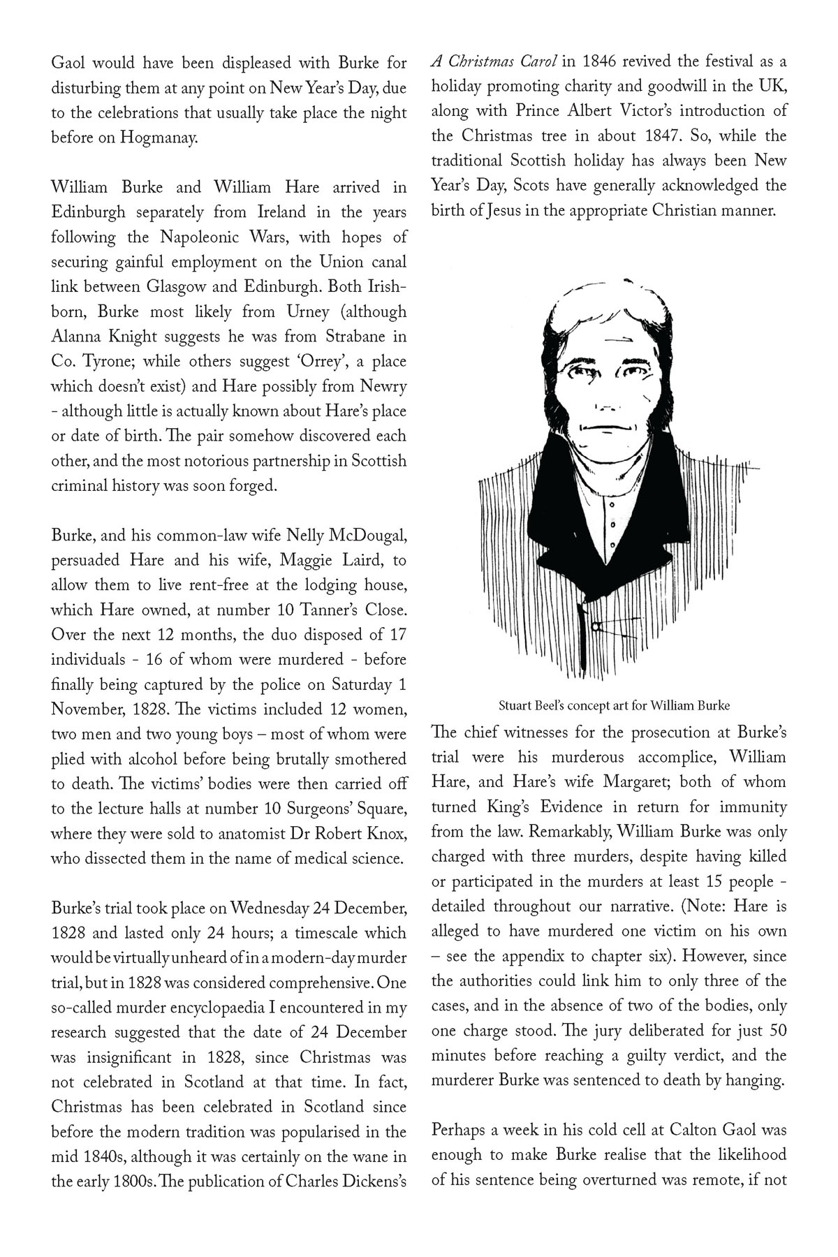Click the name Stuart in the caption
(515, 705)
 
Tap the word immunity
(751, 807)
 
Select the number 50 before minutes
(777, 1031)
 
